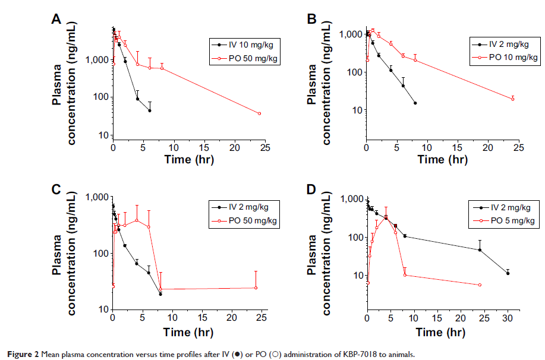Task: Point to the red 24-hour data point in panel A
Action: pyautogui.click(x=259, y=113)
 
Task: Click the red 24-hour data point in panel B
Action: pyautogui.click(x=512, y=99)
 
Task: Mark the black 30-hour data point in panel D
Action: pyautogui.click(x=508, y=273)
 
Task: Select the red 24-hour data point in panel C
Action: pyautogui.click(x=256, y=288)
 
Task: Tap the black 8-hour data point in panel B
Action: pyautogui.click(x=415, y=103)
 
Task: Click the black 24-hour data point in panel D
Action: pyautogui.click(x=480, y=250)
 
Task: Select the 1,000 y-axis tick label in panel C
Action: pyautogui.click(x=97, y=197)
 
